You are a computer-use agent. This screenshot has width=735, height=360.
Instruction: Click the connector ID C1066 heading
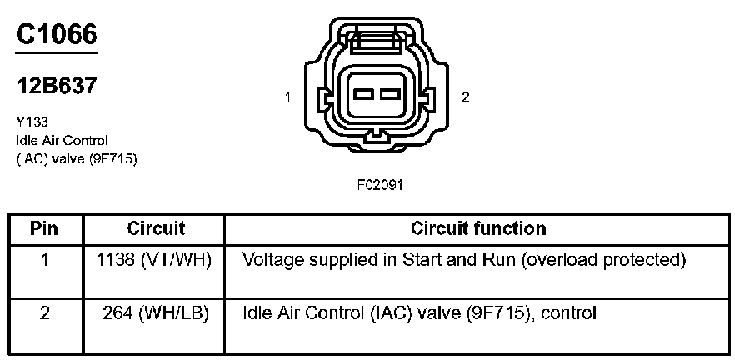click(x=57, y=34)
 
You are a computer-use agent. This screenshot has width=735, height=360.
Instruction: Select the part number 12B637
click(x=55, y=86)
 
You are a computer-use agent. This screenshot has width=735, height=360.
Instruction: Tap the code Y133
click(x=32, y=122)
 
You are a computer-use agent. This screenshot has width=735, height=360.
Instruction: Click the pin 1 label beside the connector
click(x=287, y=97)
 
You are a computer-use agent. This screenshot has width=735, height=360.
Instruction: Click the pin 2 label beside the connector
click(x=465, y=97)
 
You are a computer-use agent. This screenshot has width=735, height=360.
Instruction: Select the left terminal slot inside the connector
click(x=364, y=94)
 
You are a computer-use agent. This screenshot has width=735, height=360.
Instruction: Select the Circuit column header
click(x=155, y=228)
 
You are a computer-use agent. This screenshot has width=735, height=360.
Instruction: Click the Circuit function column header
click(x=478, y=228)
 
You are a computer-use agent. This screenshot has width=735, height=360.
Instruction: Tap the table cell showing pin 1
click(x=45, y=261)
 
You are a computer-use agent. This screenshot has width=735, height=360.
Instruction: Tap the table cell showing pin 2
click(x=45, y=314)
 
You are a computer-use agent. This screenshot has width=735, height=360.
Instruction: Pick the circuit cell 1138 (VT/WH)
click(x=155, y=261)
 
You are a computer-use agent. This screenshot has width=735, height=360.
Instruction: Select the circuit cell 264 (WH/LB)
click(x=155, y=314)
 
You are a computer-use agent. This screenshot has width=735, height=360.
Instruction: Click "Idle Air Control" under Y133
click(x=62, y=140)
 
